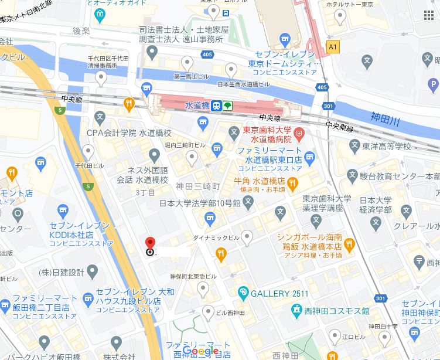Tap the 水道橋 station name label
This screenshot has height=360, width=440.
[x=197, y=106]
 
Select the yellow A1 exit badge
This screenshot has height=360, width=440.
[x=333, y=47]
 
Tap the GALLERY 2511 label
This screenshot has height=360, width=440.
[x=279, y=293]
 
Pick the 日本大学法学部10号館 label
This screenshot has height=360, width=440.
[x=200, y=203]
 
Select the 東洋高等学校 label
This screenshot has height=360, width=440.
[x=386, y=147]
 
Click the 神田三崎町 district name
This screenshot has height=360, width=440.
[x=197, y=186]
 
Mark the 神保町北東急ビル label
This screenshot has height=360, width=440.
[x=193, y=276]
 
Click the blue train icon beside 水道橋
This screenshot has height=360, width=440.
[x=217, y=106]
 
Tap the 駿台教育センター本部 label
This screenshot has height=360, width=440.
[x=401, y=175]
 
